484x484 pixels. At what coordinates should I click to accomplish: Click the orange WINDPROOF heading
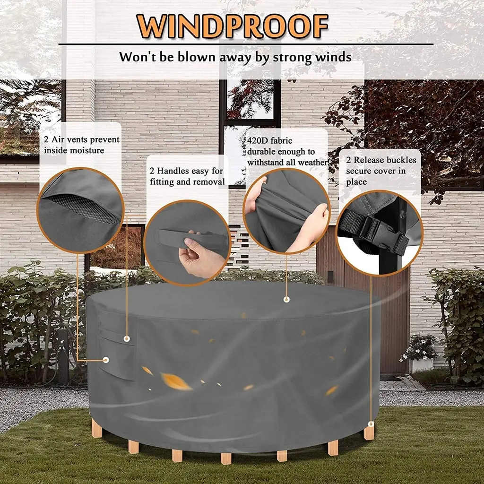click(x=232, y=26)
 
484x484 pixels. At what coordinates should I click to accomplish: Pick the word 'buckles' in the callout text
click(x=401, y=160)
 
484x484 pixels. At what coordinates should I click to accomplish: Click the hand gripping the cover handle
click(x=199, y=257)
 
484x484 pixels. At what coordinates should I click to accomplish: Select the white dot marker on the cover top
click(x=286, y=299)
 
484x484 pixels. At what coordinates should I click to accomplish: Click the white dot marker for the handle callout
click(x=127, y=338)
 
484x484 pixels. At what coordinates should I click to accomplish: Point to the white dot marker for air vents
click(x=106, y=360)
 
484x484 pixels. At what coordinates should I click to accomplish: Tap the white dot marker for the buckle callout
click(x=371, y=424)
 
